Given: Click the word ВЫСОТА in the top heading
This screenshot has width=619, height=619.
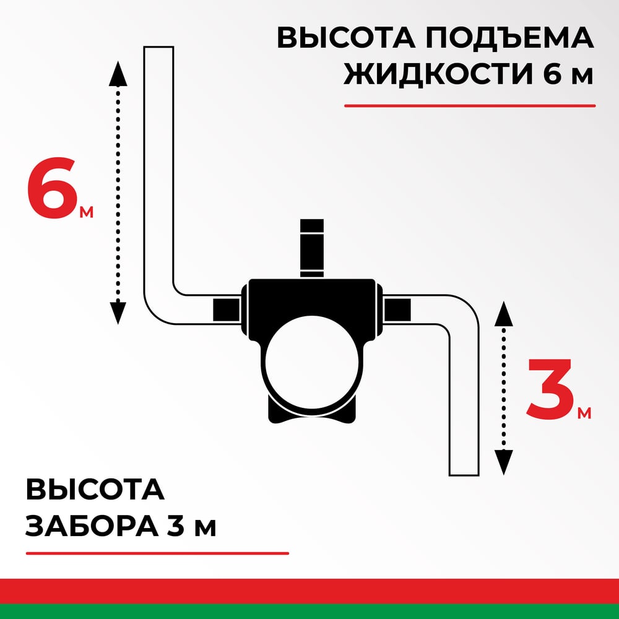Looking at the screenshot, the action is click(346, 38).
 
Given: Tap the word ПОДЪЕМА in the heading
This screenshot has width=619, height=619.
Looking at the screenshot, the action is click(509, 38).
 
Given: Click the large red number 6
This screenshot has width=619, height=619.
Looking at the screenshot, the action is click(52, 188).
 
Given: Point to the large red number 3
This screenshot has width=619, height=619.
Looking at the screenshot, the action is click(550, 389).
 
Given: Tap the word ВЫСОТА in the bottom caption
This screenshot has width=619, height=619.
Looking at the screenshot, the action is click(95, 490).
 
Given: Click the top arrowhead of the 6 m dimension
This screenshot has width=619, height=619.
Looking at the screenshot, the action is click(118, 74).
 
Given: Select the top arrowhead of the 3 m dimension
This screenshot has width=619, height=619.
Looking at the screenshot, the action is click(503, 313).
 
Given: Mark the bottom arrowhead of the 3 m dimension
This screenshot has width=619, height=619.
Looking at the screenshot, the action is click(503, 462).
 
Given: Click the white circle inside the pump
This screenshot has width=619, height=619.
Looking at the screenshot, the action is click(312, 362).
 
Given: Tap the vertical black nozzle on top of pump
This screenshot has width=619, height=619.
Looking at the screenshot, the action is click(312, 248).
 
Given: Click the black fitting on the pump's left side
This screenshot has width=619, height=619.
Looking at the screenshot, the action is click(227, 310).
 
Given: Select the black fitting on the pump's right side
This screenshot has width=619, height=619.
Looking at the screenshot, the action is click(397, 310).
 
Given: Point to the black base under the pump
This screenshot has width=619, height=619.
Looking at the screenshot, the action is click(312, 415).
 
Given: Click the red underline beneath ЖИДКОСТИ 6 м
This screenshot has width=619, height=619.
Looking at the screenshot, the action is click(470, 106).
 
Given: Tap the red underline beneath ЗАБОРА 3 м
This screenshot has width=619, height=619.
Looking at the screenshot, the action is click(157, 553).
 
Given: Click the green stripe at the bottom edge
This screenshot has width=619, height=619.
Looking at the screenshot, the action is click(309, 612).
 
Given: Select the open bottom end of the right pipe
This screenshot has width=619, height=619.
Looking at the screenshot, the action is click(464, 475).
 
